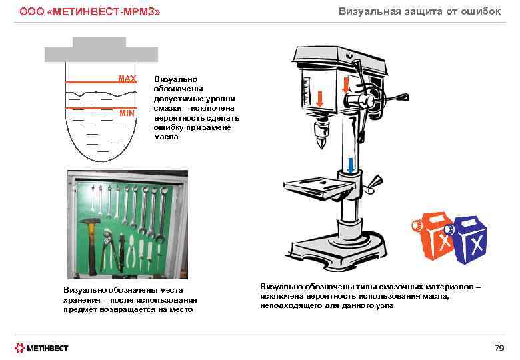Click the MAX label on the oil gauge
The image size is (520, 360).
127,79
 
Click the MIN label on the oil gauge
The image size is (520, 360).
127,113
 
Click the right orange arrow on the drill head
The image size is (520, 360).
346,85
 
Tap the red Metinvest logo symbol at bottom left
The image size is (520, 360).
21,347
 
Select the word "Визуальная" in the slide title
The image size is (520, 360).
368,11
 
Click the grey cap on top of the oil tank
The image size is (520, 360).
99,42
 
